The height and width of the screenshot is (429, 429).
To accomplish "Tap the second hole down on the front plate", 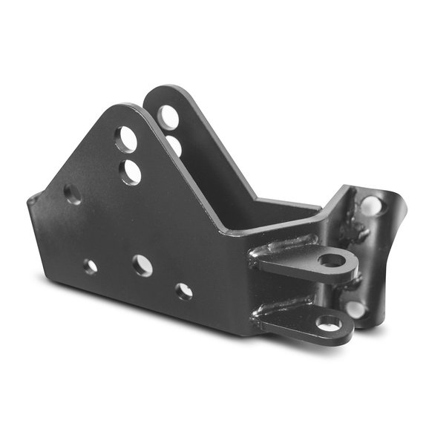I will (131, 172).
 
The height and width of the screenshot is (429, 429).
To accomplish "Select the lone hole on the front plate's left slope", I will (73, 194).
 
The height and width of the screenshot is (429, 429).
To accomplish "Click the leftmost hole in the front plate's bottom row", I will (91, 266).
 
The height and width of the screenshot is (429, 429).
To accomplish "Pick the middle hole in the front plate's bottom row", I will (142, 265).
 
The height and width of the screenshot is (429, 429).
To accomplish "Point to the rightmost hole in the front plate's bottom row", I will (184, 291).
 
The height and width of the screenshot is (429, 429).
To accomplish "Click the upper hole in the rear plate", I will (168, 117).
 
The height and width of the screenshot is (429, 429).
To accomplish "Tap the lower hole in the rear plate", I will (174, 145).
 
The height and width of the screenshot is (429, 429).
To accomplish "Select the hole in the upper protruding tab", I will (331, 260).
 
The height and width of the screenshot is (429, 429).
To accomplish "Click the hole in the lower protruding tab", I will (328, 323).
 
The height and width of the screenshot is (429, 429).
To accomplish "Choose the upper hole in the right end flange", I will (370, 206).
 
